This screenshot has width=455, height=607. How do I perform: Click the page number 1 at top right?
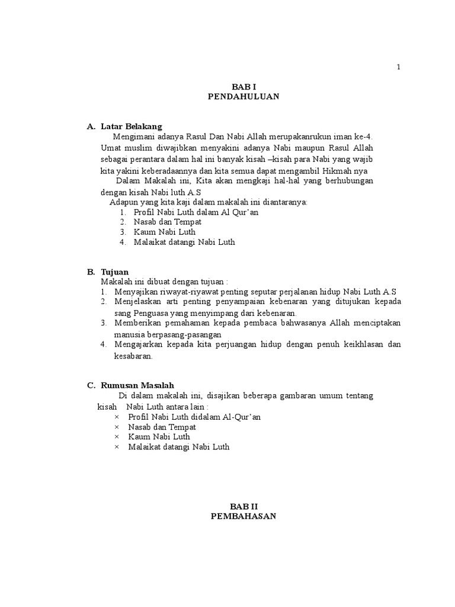[x=399, y=67]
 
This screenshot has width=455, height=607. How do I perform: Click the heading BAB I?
[x=243, y=87]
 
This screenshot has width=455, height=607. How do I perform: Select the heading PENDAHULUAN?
[x=243, y=97]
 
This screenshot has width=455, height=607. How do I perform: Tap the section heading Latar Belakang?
[x=131, y=126]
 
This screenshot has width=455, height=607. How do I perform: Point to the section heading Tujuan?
[x=114, y=271]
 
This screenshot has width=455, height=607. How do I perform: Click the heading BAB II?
[x=244, y=506]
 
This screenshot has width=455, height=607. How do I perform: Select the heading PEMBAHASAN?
[x=244, y=516]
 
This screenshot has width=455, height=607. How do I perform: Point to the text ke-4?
[x=363, y=136]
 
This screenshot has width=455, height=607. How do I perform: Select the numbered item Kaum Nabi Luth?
[x=164, y=232]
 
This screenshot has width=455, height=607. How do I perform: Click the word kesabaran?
[x=133, y=356]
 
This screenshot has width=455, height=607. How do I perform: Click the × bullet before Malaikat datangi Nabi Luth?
[x=117, y=447]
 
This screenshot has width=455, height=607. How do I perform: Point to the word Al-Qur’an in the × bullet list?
[x=242, y=417]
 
